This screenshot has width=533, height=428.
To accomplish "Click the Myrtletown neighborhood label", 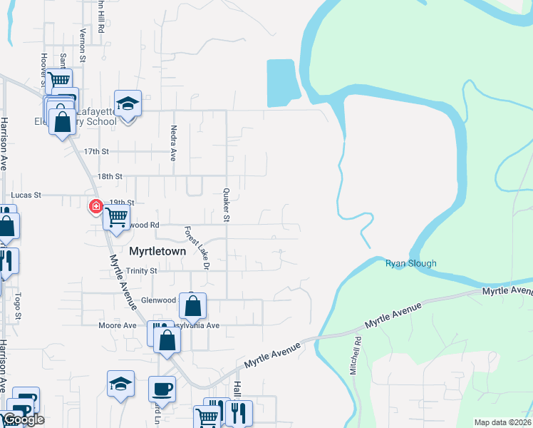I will click(x=157, y=252).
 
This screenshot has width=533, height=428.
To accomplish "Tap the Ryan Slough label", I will click(x=410, y=263).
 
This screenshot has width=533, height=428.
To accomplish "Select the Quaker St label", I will click(x=225, y=205).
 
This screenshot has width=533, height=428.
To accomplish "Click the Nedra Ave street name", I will click(x=173, y=143).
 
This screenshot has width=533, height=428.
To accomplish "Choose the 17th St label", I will click(x=96, y=152).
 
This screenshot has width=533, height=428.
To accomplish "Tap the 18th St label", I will click(x=110, y=176).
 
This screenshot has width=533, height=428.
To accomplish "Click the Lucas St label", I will click(x=27, y=194).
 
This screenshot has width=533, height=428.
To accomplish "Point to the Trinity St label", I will click(x=141, y=271).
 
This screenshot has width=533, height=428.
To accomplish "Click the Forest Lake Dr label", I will click(x=197, y=248).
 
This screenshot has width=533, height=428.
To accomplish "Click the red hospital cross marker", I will click(x=95, y=207).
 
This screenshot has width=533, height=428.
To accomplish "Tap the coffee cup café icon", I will click(x=162, y=389).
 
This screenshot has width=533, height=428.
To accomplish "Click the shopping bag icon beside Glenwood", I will click(x=193, y=307).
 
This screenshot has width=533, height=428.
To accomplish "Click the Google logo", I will click(x=24, y=419).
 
